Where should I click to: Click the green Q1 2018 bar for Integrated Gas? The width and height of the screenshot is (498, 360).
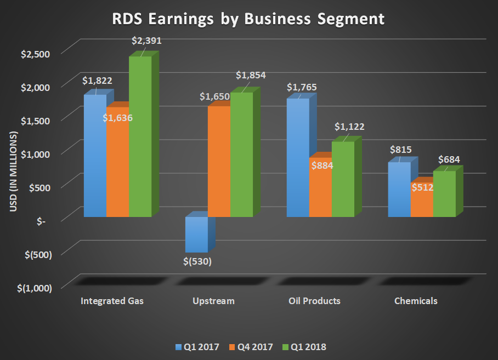coord(140,137)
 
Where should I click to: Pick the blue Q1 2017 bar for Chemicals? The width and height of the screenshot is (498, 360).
coord(399,189)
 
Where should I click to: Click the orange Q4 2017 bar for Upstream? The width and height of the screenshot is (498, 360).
coord(219,162)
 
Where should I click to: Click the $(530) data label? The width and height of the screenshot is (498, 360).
coord(197,261)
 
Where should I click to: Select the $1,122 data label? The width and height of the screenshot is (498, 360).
coord(349,127)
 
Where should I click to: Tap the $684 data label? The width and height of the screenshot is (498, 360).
coord(449,159)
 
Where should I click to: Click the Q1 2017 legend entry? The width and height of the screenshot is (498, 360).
coord(198,346)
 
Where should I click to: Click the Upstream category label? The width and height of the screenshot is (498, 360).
coord(213,301)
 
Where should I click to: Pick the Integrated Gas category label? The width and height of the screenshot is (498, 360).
coord(112,301)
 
